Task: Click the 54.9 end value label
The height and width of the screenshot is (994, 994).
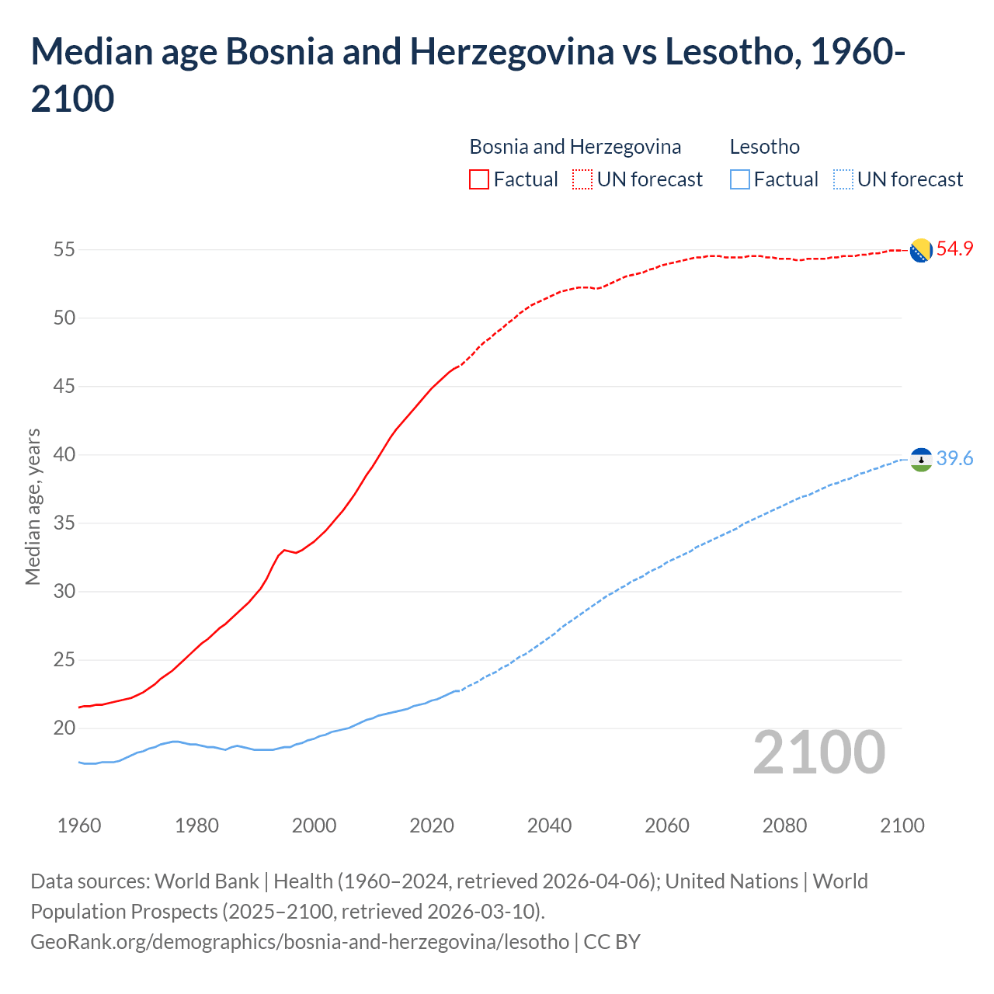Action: click(954, 249)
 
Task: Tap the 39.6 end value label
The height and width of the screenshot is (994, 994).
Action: click(954, 459)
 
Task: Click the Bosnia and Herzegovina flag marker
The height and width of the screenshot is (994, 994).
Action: click(921, 250)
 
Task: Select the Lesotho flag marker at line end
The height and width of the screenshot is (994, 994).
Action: click(921, 460)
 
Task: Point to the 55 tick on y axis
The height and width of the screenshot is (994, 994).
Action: click(64, 250)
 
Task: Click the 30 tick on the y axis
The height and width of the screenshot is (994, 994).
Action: click(64, 592)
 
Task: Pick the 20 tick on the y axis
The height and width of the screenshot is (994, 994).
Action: click(64, 728)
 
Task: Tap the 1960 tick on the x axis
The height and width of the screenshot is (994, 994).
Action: click(79, 825)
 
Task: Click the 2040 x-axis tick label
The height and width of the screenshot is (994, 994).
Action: click(549, 825)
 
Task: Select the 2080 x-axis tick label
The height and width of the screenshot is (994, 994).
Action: click(784, 825)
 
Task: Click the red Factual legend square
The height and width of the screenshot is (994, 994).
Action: click(479, 179)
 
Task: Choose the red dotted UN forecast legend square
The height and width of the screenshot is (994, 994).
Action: click(582, 179)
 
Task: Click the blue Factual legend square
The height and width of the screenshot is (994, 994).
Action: click(740, 179)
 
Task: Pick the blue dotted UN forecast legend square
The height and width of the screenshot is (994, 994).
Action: click(843, 179)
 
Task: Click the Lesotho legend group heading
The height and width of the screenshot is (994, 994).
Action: click(764, 147)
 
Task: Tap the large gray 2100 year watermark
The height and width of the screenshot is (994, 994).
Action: click(818, 752)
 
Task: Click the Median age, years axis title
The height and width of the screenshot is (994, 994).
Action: click(33, 506)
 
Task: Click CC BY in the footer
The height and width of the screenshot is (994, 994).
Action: click(612, 942)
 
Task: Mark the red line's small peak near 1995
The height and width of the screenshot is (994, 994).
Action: click(284, 550)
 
